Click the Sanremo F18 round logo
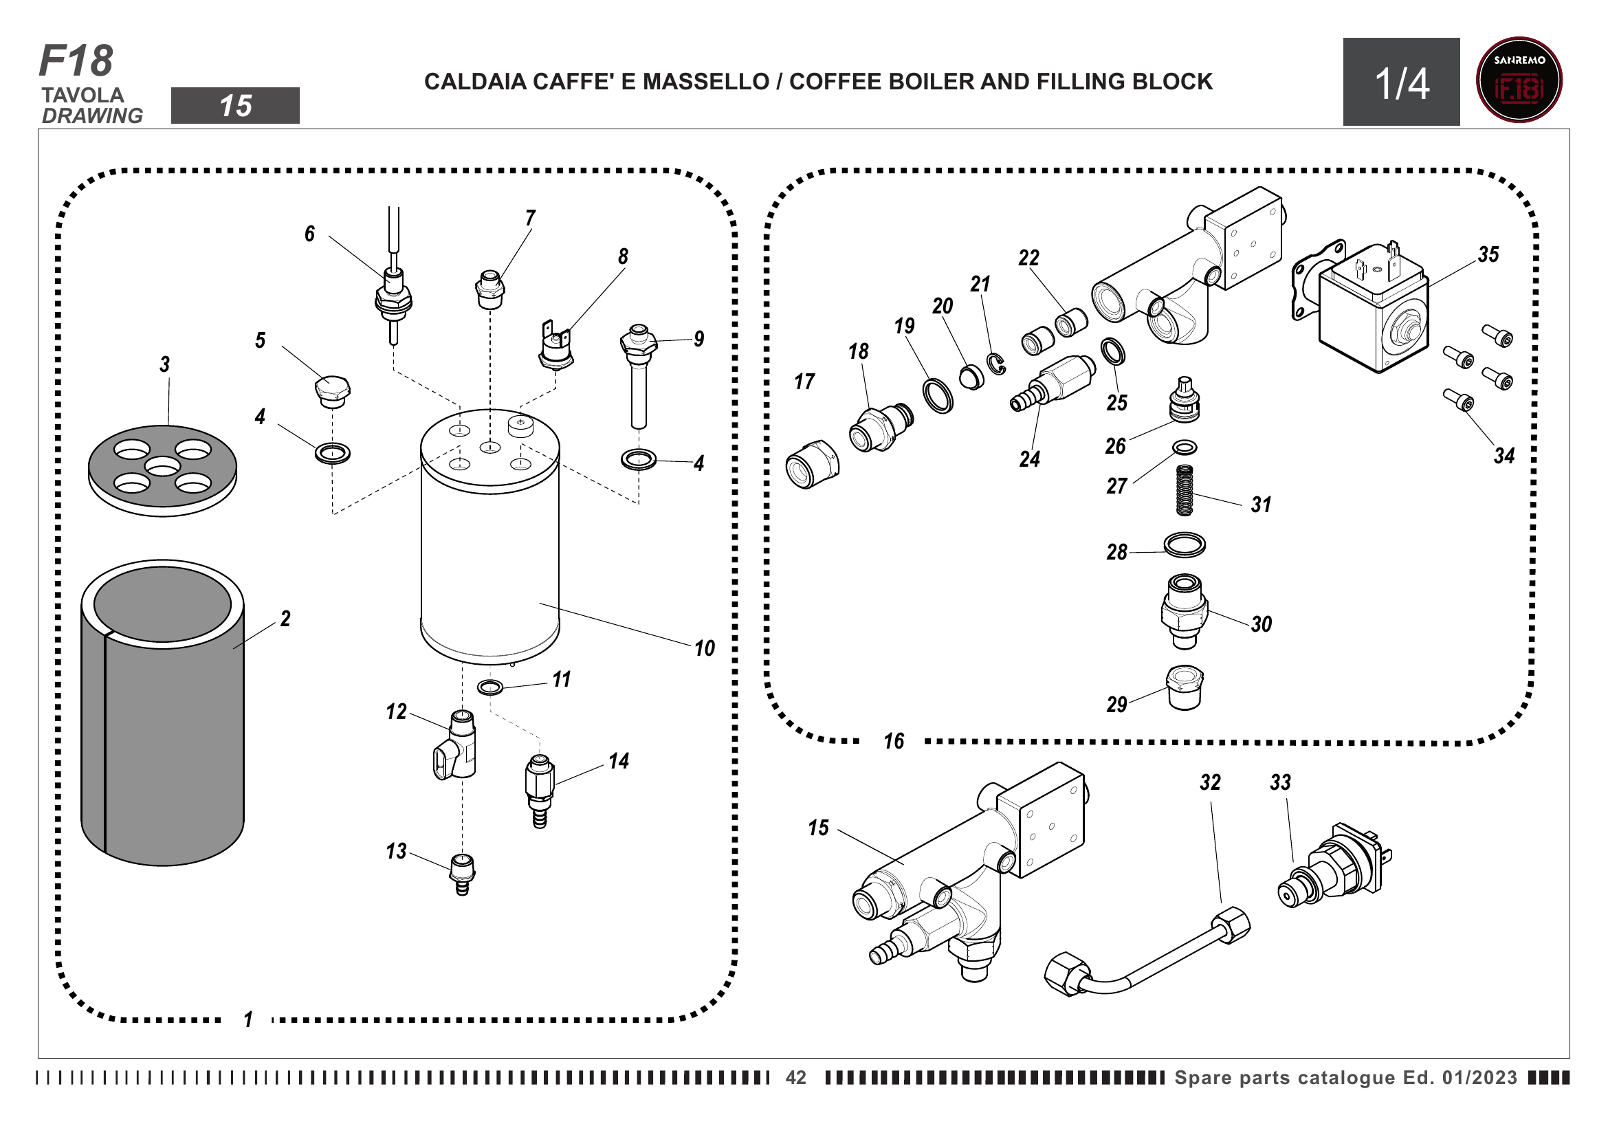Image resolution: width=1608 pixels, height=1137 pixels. (1519, 80)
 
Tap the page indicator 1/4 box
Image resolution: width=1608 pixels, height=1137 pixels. (1400, 82)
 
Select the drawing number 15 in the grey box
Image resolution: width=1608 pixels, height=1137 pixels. (235, 107)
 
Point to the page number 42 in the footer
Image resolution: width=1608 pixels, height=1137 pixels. (795, 1077)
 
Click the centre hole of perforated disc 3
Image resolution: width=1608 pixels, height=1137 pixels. (162, 466)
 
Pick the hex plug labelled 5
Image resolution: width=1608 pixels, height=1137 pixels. (332, 391)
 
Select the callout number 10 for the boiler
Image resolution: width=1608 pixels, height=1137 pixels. (705, 648)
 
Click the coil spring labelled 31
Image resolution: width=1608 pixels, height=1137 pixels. (1185, 490)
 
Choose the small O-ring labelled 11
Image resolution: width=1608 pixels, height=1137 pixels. (489, 687)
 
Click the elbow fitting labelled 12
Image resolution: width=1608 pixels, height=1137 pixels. (455, 744)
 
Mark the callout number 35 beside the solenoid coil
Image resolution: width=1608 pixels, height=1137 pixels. (1488, 254)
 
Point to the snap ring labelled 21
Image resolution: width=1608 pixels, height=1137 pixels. (997, 364)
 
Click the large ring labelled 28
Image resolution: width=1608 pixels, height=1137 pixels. (1185, 544)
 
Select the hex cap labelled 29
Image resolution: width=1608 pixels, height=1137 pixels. (1185, 688)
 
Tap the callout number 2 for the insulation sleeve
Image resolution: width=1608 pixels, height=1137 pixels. (285, 619)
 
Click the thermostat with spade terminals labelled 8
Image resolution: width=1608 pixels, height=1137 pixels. (556, 345)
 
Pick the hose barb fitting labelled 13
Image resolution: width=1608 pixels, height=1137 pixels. (462, 874)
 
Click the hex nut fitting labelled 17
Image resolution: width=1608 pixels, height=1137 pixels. (813, 463)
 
